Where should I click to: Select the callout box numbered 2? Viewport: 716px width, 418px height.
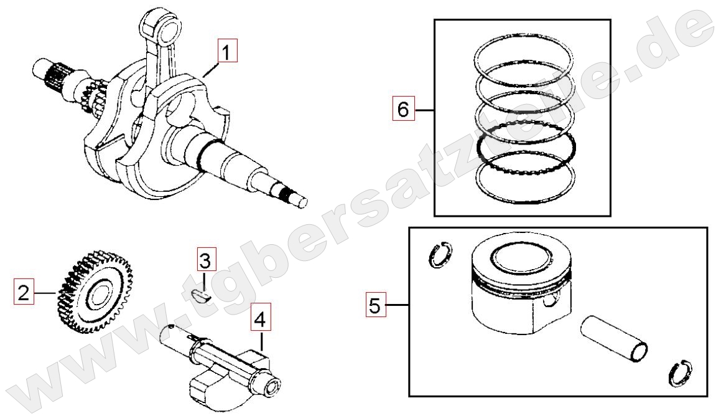pos(23,292)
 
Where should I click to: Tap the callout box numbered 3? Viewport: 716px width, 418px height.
pos(207,260)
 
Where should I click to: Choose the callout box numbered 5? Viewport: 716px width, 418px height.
pos(374,305)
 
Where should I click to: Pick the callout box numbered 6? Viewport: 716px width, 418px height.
pos(404,109)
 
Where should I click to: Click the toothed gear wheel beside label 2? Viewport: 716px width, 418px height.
pos(95,292)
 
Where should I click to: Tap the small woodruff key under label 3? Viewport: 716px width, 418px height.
pos(200,295)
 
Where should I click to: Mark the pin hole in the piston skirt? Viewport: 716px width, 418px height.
pos(552,301)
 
